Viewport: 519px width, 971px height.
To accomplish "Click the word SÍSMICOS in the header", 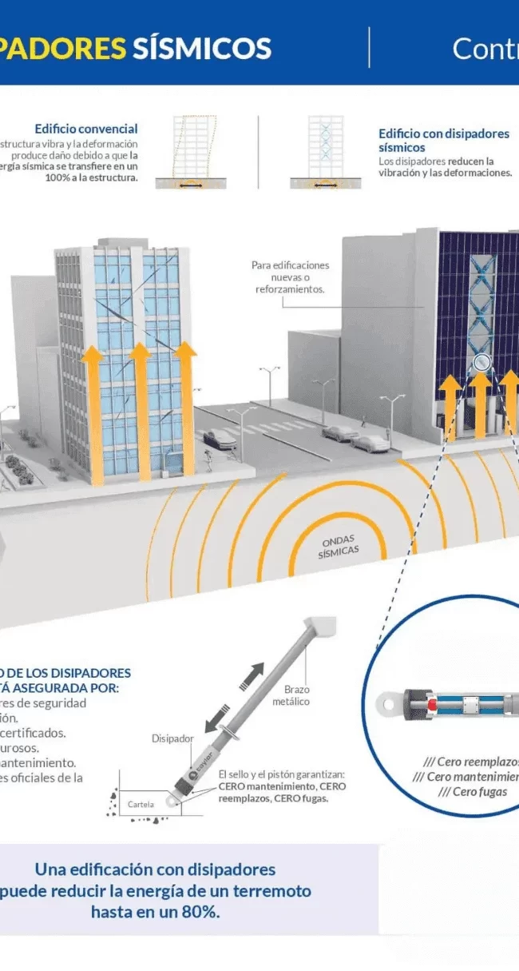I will coord(201,48).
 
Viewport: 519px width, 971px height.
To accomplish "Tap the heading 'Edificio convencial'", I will coord(86,129).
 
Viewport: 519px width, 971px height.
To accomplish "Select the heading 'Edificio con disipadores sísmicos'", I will coord(443,141).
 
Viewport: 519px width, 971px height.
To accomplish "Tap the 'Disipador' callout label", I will coord(172,738).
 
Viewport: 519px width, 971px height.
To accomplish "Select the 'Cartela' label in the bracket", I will coord(141,804).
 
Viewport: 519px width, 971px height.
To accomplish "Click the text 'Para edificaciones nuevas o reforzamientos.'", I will coord(290,277).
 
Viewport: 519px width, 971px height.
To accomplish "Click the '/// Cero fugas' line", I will coord(467,791).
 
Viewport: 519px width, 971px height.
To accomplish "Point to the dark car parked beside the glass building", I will coord(219,438).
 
